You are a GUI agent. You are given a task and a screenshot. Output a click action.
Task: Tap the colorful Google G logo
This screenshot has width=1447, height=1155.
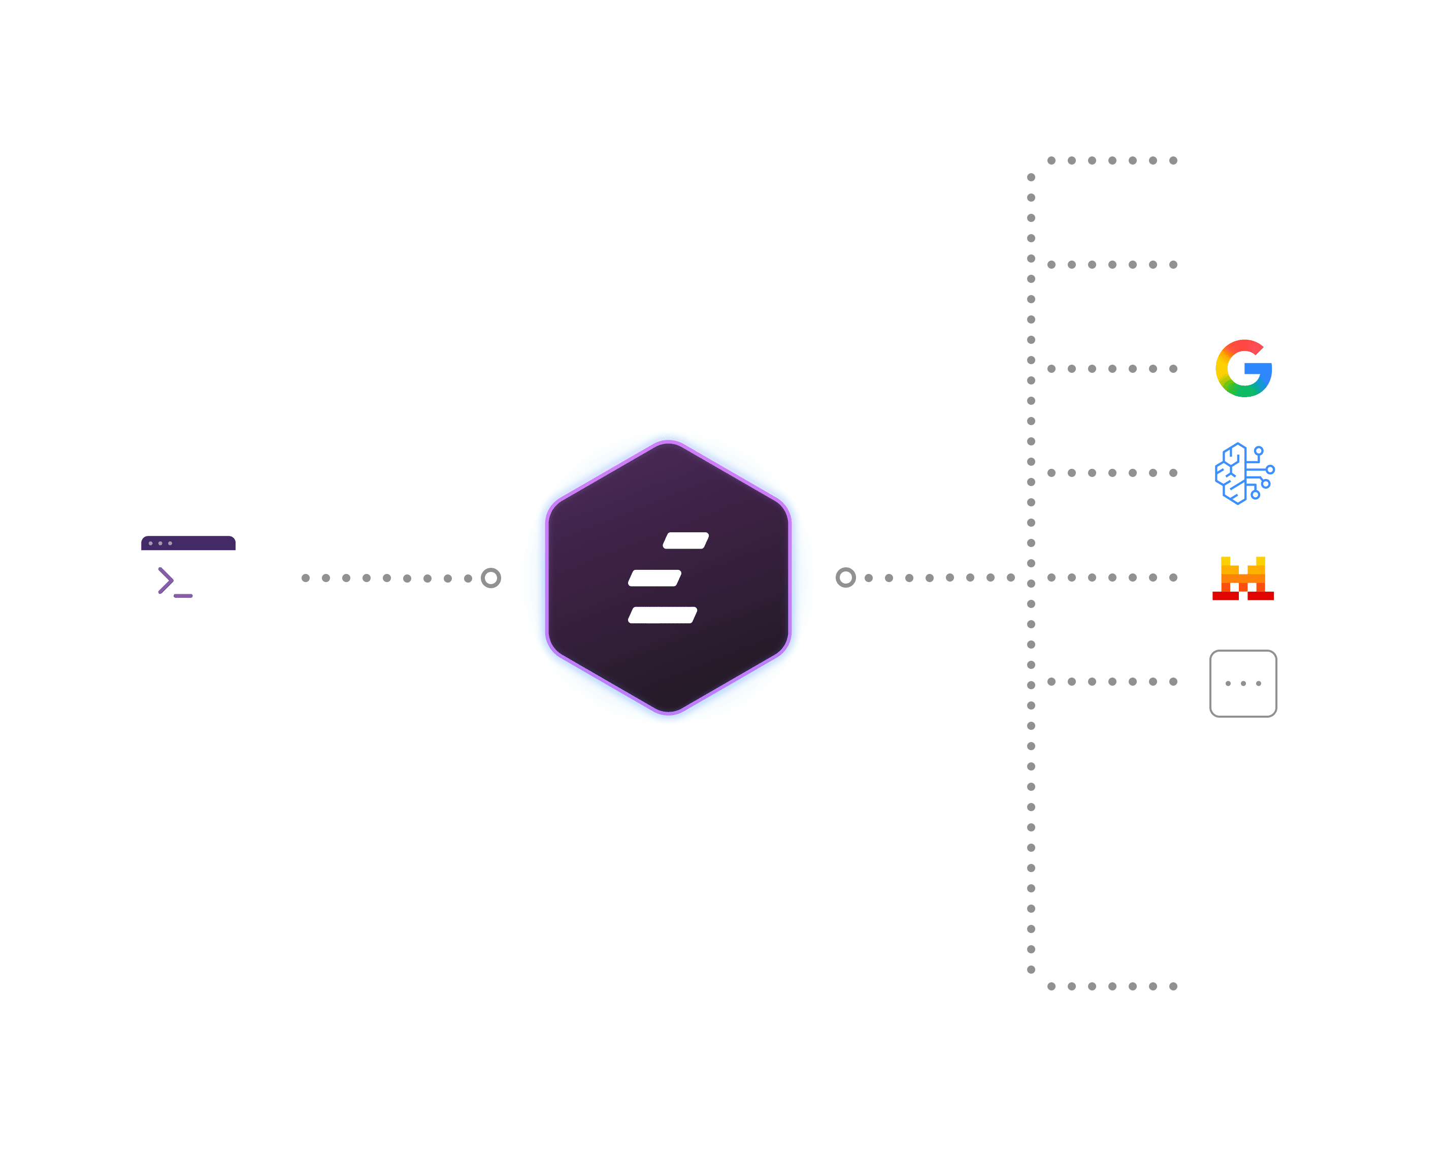[x=1243, y=368]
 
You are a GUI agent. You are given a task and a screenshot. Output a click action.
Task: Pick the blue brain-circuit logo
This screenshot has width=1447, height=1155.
[x=1243, y=473]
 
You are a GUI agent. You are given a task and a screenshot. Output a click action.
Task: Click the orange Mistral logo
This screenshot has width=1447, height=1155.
[x=1243, y=577]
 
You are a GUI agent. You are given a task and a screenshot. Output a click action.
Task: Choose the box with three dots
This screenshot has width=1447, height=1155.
[x=1243, y=683]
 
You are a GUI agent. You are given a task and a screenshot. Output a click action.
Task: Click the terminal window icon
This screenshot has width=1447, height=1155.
[x=188, y=573]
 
